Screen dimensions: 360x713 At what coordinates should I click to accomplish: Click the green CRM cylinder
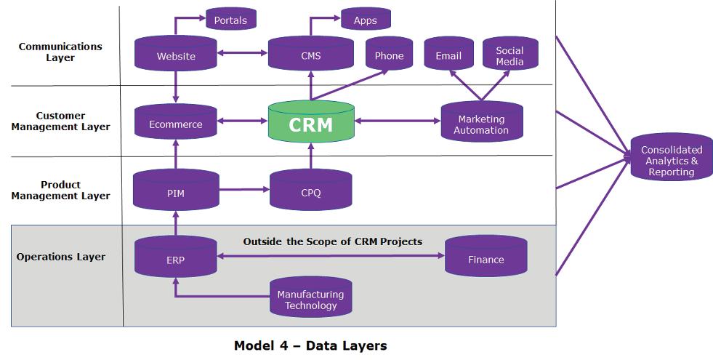pyautogui.click(x=310, y=124)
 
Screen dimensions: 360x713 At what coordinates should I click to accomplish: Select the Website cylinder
pyautogui.click(x=176, y=55)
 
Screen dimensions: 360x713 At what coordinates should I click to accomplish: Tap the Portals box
pyautogui.click(x=230, y=20)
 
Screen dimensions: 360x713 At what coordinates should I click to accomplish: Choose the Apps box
pyautogui.click(x=365, y=20)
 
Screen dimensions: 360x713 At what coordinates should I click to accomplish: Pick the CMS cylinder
pyautogui.click(x=310, y=55)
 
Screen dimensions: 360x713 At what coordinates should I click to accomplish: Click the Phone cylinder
pyautogui.click(x=389, y=55)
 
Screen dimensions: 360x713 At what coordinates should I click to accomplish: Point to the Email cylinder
pyautogui.click(x=448, y=55)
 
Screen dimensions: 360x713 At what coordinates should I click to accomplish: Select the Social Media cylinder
pyautogui.click(x=509, y=55)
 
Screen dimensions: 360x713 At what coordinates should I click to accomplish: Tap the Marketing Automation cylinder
pyautogui.click(x=481, y=124)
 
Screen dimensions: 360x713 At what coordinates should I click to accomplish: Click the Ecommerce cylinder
pyautogui.click(x=176, y=124)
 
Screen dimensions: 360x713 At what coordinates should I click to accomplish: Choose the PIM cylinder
pyautogui.click(x=176, y=192)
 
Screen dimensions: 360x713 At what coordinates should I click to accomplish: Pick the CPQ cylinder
pyautogui.click(x=310, y=192)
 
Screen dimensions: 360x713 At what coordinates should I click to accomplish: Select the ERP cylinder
pyautogui.click(x=176, y=260)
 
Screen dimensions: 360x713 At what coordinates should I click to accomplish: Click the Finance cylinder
pyautogui.click(x=486, y=259)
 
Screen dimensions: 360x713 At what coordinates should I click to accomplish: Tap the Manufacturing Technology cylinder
pyautogui.click(x=310, y=299)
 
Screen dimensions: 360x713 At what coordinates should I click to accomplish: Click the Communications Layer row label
pyautogui.click(x=60, y=52)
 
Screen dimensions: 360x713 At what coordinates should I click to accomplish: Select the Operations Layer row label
pyautogui.click(x=60, y=257)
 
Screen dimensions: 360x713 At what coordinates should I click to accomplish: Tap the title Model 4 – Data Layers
pyautogui.click(x=310, y=345)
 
